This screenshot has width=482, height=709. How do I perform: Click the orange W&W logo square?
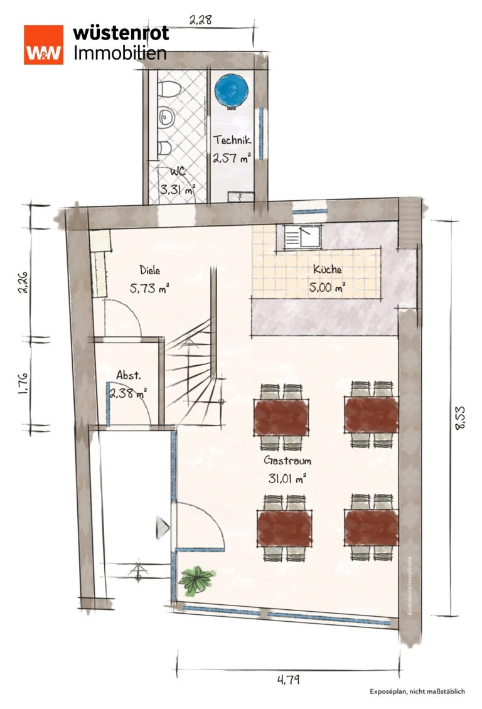click(43, 45)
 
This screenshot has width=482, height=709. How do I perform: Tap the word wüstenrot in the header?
click(120, 33)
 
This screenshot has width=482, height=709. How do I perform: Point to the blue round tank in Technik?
click(232, 90)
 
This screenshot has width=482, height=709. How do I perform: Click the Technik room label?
click(232, 140)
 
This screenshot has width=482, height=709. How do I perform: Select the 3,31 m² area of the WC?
click(177, 189)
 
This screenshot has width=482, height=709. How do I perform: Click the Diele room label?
click(149, 270)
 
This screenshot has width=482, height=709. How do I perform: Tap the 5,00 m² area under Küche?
click(328, 287)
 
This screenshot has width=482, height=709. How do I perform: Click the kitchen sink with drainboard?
click(302, 236)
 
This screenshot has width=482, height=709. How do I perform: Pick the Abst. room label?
click(129, 375)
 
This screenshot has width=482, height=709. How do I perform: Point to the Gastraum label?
click(287, 461)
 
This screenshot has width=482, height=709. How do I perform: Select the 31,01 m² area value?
click(287, 478)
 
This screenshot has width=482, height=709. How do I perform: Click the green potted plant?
click(196, 579)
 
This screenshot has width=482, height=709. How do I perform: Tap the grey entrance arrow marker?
click(163, 528)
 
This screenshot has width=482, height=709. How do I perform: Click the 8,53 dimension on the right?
click(460, 418)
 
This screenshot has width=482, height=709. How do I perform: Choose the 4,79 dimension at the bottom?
click(289, 679)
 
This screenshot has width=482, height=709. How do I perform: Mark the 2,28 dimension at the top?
click(200, 20)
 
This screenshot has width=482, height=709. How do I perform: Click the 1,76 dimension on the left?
click(23, 383)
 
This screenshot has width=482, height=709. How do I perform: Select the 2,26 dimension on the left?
click(23, 282)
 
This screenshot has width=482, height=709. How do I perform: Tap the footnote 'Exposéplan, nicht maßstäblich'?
click(417, 691)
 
